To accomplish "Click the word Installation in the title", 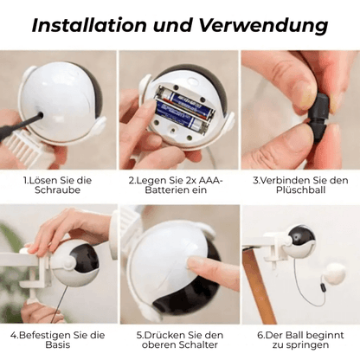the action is point(89,25).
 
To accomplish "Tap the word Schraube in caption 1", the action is point(57,190).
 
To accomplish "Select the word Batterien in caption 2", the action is point(164,190).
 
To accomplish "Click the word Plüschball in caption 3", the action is point(300,190).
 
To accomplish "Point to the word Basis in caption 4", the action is point(57,344).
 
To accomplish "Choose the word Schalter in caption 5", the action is point(198,344).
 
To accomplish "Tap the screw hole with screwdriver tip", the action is point(40,116).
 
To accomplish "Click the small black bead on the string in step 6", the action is point(323,288).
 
